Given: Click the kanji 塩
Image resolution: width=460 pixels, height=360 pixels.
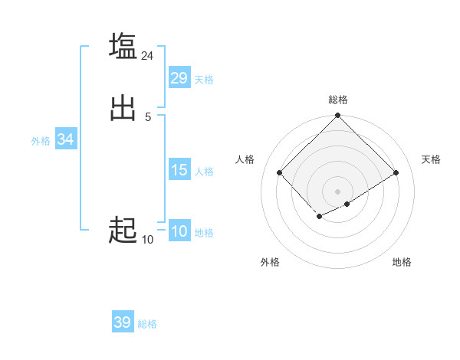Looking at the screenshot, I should click(x=123, y=46).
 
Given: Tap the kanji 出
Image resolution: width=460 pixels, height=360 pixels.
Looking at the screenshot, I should click(x=123, y=107).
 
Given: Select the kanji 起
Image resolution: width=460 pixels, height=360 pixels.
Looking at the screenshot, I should click(x=123, y=229).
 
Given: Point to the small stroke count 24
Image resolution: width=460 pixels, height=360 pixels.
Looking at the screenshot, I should click(x=148, y=55).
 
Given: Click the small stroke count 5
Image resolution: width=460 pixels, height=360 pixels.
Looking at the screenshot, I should click(x=148, y=116).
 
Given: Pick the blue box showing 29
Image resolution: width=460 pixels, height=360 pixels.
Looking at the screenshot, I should click(x=179, y=78).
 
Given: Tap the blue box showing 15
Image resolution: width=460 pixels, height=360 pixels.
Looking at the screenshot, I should click(x=179, y=170).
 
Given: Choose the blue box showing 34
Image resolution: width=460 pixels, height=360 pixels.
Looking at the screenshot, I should click(x=66, y=139).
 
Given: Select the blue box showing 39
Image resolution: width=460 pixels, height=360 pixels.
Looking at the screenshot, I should click(x=123, y=322).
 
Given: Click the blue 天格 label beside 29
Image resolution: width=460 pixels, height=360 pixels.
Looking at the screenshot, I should click(x=204, y=80).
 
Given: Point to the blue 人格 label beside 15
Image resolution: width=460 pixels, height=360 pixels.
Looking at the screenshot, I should click(x=204, y=172).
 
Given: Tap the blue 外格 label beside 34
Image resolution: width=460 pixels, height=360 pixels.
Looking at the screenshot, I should click(x=41, y=141).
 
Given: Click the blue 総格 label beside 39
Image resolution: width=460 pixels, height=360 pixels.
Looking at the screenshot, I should click(x=147, y=324).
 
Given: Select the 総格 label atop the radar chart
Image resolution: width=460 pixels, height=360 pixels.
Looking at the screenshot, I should click(x=337, y=100).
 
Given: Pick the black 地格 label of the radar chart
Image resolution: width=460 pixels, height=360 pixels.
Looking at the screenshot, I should click(x=402, y=262).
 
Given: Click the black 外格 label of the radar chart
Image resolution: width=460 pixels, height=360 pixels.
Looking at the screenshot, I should click(x=270, y=262).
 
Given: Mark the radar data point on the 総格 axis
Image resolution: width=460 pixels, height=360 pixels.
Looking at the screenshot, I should click(x=337, y=116).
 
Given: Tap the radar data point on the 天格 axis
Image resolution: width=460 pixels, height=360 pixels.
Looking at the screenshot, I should click(x=396, y=172).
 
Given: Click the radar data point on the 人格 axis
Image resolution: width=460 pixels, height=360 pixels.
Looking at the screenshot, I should click(x=280, y=172).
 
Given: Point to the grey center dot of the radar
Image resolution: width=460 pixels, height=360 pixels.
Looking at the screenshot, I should click(x=337, y=191).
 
